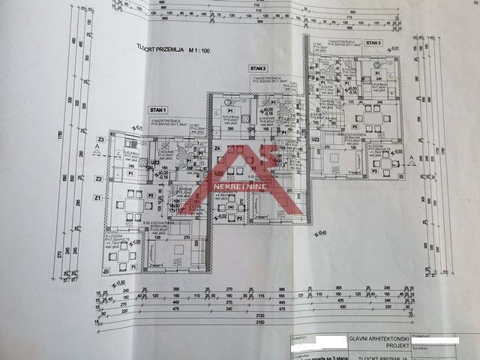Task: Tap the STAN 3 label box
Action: pos(373,43)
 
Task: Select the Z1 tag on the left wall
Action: pos(97,197)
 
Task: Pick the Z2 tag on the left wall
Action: pos(97,178)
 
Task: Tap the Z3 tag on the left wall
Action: pos(100,139)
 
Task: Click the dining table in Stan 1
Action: pos(132,204)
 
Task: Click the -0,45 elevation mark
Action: pos(322,232)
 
